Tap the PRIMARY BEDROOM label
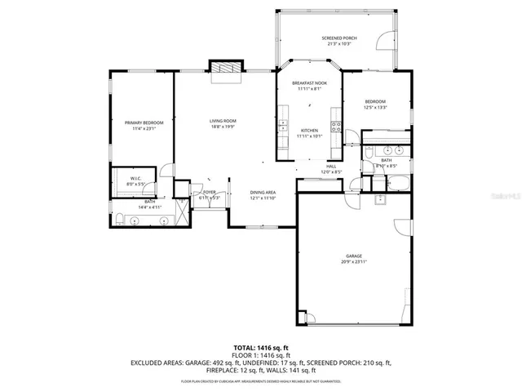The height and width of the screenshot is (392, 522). coord(139,123)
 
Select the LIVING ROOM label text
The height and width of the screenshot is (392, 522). coord(223,121)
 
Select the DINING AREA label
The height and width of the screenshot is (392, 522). coord(263,193)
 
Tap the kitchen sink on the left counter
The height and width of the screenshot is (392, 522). coord(282,127)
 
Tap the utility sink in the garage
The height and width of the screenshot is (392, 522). coord(379,198)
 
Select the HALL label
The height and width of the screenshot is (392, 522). coord(331,167)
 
